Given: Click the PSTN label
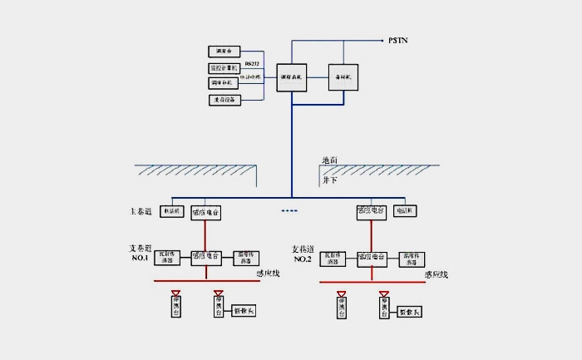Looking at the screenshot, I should tap(399, 40).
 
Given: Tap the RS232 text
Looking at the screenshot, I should tap(252, 62).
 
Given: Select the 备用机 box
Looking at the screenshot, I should tap(342, 76).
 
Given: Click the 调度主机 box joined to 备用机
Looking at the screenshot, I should tap(291, 77).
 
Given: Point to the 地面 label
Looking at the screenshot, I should tap(330, 160).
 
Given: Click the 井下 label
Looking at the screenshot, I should tap(329, 179).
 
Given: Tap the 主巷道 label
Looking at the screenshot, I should tap(141, 213).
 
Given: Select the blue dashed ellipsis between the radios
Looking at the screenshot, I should tap(289, 210).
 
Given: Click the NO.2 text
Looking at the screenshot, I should tap(303, 259).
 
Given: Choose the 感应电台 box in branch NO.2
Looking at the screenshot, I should tap(372, 256).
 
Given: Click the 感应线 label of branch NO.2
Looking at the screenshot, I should tap(436, 274).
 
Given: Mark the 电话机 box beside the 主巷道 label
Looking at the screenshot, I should tap(171, 212).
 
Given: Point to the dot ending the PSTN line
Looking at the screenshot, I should tap(382, 40).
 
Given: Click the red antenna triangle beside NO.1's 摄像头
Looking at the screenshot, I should tap(218, 293).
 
